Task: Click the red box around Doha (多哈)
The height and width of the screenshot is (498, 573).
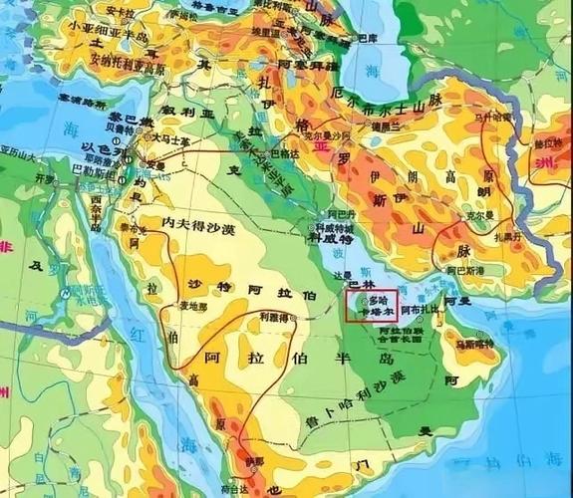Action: [371, 305]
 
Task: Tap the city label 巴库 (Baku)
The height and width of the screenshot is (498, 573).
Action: [368, 38]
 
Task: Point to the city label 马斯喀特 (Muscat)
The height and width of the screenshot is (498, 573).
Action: [475, 344]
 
